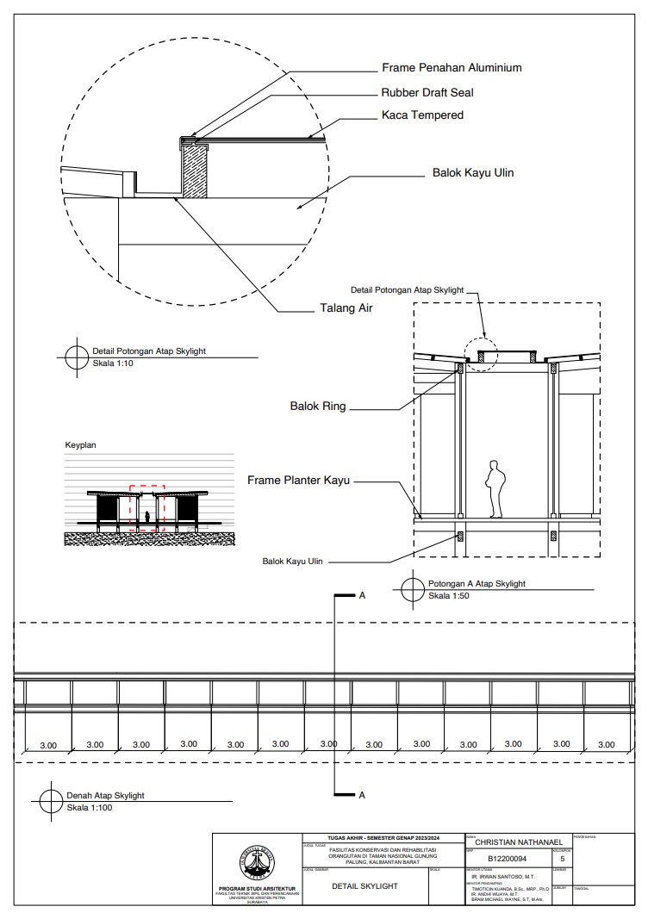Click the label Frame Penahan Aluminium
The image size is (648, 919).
click(x=452, y=67)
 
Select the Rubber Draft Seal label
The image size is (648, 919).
click(x=427, y=92)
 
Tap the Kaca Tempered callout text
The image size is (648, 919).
click(x=422, y=115)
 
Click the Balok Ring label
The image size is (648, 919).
click(x=318, y=406)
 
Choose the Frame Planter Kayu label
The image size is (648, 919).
click(x=298, y=480)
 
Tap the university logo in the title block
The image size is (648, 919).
click(x=258, y=862)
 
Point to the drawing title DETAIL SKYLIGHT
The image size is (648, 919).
click(x=364, y=885)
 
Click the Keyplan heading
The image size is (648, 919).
click(x=82, y=445)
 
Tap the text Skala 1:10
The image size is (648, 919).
click(x=113, y=363)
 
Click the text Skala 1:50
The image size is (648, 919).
click(x=449, y=595)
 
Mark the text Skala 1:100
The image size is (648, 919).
click(x=90, y=807)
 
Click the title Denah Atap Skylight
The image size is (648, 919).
click(x=105, y=795)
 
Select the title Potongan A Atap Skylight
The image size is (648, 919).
click(x=477, y=583)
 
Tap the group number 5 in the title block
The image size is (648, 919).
click(x=562, y=859)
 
